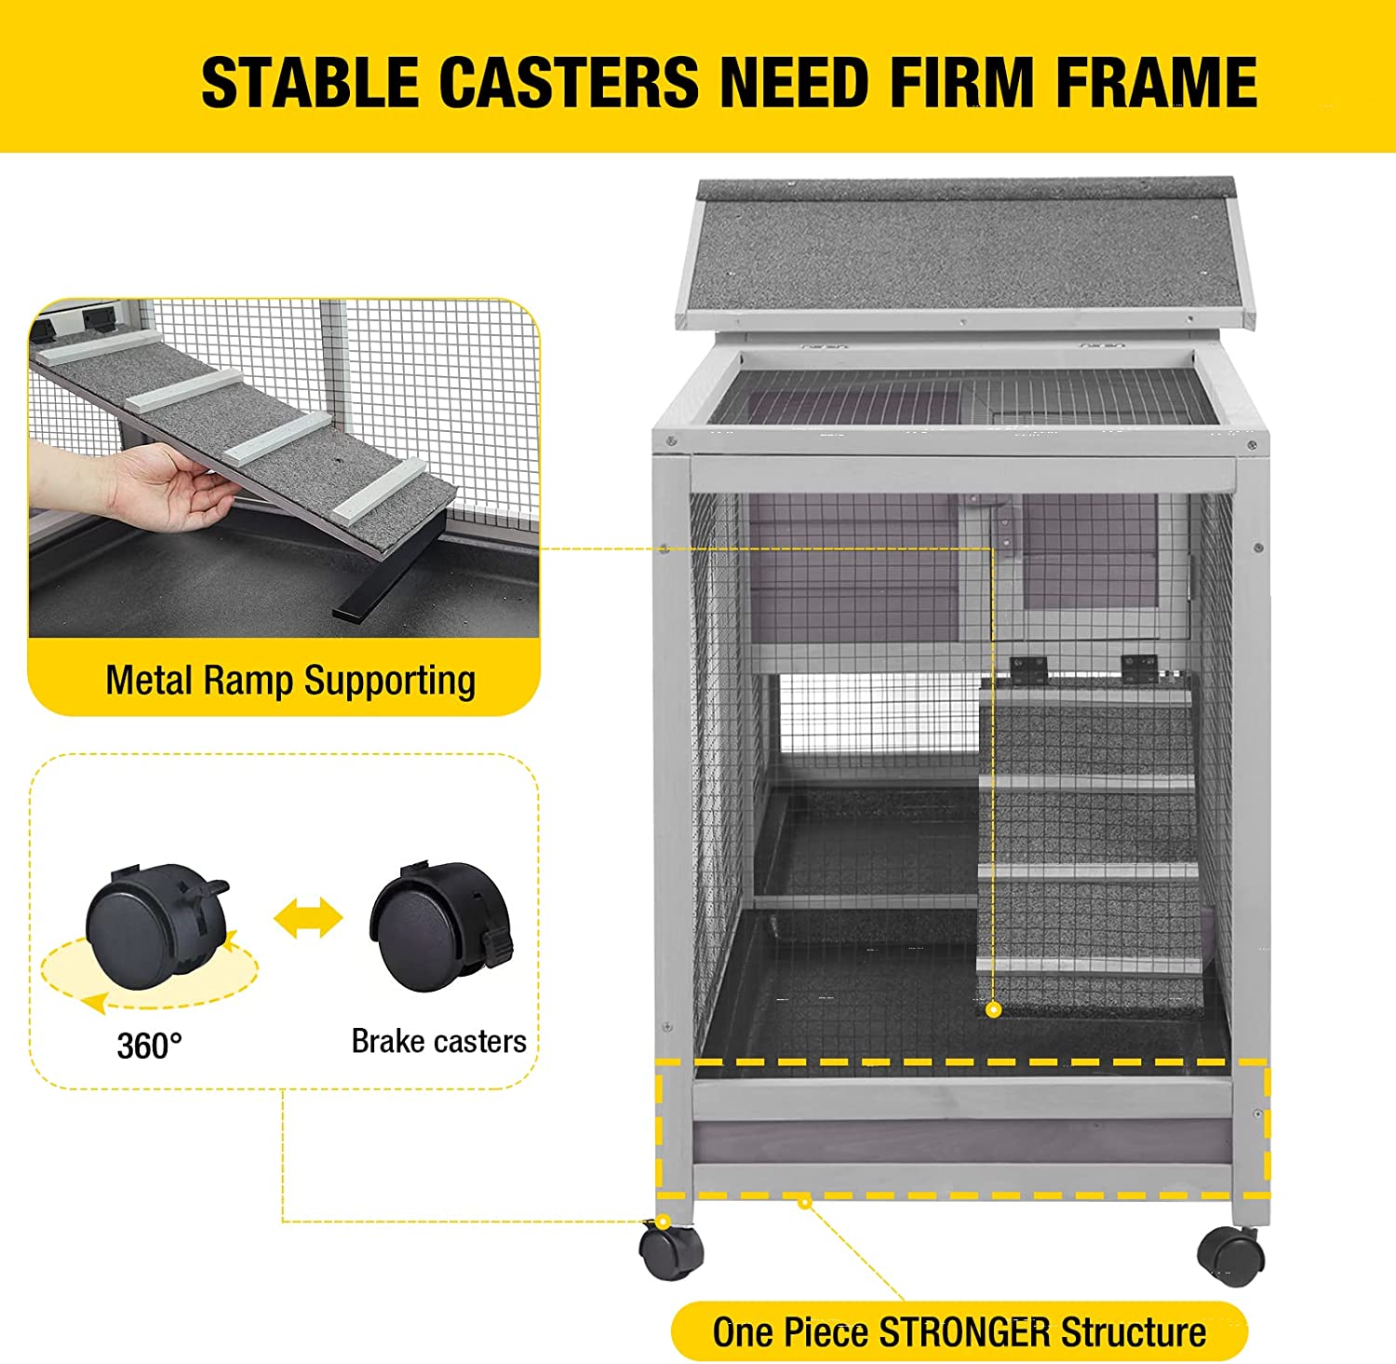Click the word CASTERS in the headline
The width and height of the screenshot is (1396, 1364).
(x=568, y=82)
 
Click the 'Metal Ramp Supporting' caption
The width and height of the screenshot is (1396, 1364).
(x=290, y=681)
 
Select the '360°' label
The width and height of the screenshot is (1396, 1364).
(x=149, y=1046)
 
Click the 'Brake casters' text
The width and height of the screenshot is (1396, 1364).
(x=438, y=1041)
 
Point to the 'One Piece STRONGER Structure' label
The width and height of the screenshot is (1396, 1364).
(x=959, y=1332)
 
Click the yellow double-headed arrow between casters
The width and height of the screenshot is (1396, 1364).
(x=308, y=918)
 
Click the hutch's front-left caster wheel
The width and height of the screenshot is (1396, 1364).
(x=670, y=1251)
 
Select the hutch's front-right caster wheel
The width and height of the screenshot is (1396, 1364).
(x=1230, y=1256)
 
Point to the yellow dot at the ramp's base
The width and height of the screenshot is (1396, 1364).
(x=994, y=1009)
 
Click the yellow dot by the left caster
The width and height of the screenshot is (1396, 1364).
(x=663, y=1222)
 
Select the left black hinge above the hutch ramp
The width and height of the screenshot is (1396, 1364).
(x=1028, y=668)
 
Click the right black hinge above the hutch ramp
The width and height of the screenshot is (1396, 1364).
(x=1140, y=668)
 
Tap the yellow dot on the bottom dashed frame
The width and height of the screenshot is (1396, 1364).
(x=805, y=1203)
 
